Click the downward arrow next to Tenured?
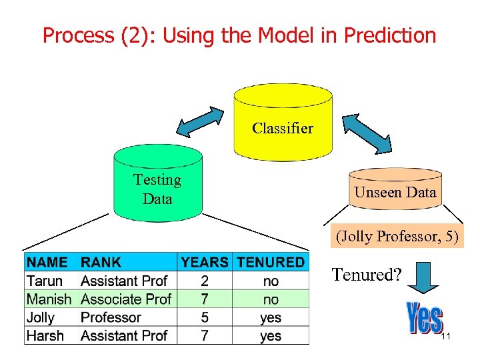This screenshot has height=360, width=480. click(423, 276)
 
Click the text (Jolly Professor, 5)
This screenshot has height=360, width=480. click(398, 236)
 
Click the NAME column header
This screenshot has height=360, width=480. click(47, 262)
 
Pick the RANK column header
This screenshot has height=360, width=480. click(101, 262)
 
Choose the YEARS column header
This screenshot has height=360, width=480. click(205, 262)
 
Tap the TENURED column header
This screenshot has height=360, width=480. click(270, 262)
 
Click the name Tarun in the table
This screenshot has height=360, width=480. click(45, 281)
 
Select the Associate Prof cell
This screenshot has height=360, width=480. click(126, 299)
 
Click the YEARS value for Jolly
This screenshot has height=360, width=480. click(205, 318)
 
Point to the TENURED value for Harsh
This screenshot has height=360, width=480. click(271, 336)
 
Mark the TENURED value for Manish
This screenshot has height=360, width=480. click(271, 299)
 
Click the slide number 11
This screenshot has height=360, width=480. click(446, 337)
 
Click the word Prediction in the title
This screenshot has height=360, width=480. click(389, 35)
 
